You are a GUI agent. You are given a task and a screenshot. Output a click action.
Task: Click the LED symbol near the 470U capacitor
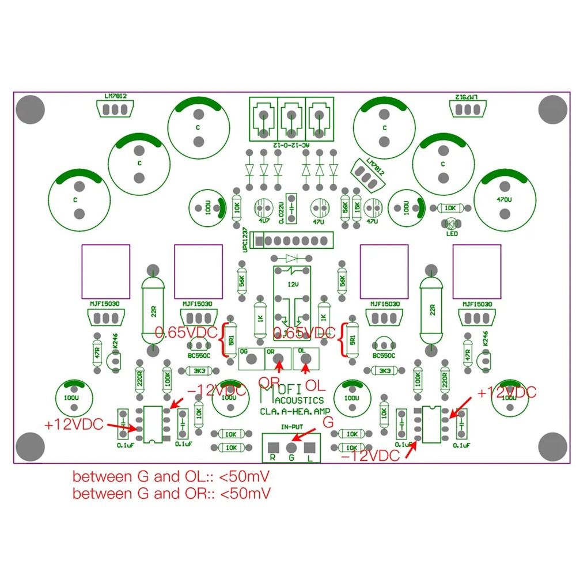450,223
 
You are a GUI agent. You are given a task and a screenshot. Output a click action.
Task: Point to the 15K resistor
358,209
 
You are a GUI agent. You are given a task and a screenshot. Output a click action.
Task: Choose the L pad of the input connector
310,448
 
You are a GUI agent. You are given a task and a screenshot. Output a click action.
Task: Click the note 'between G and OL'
172,478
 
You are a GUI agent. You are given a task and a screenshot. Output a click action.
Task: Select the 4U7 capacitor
264,209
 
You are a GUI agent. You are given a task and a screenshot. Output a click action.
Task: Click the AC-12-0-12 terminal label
291,146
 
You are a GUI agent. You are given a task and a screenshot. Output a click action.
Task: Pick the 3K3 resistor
200,370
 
